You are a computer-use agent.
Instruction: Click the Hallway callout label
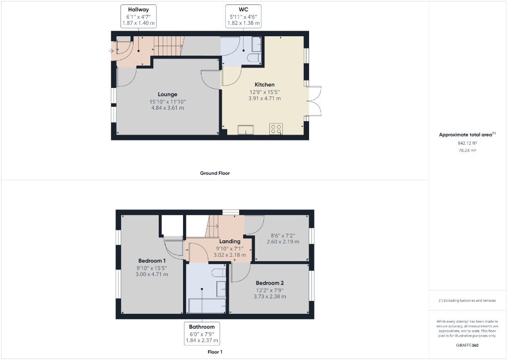pyautogui.click(x=139, y=16)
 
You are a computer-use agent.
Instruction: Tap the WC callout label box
pyautogui.click(x=244, y=16)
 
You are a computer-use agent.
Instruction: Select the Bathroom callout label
pyautogui.click(x=201, y=334)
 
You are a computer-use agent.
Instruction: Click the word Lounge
pyautogui.click(x=168, y=94)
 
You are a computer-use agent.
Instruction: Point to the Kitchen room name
pyautogui.click(x=264, y=84)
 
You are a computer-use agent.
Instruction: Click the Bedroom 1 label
pyautogui.click(x=152, y=261)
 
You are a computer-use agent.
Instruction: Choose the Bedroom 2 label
pyautogui.click(x=270, y=283)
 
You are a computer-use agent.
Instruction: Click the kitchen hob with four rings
pyautogui.click(x=276, y=129)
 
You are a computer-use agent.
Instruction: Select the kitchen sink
pyautogui.click(x=246, y=130)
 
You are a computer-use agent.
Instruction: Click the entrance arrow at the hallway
pyautogui.click(x=112, y=51)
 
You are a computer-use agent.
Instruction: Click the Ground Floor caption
pyautogui.click(x=215, y=173)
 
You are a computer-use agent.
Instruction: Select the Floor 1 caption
pyautogui.click(x=215, y=352)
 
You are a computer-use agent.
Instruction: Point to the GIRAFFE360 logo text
pyautogui.click(x=467, y=345)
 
